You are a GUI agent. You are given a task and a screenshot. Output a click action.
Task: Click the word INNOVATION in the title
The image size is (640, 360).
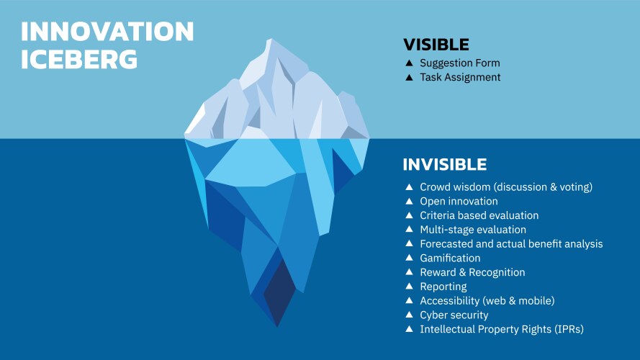coord(107,32)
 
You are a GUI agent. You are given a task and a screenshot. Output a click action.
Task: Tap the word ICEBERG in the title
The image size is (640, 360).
coord(79,59)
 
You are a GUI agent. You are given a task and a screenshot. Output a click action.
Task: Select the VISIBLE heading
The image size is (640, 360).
coord(436,45)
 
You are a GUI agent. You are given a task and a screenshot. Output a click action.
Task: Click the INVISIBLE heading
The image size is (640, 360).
coord(444,164)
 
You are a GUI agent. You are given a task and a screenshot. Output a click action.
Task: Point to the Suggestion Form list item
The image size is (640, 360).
coord(459,63)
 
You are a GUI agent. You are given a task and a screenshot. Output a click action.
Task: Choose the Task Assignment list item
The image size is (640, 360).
coord(460,77)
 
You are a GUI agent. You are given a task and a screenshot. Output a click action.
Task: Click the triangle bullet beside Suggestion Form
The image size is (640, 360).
coord(410,63)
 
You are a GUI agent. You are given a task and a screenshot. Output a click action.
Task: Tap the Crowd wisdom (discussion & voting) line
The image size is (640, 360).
coord(505,187)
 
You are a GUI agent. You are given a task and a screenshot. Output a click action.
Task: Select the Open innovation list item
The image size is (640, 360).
coord(459,201)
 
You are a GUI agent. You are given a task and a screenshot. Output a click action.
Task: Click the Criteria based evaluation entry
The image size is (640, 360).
coord(479,215)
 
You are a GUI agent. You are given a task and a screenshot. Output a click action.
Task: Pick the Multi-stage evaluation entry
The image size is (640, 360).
coord(473,230)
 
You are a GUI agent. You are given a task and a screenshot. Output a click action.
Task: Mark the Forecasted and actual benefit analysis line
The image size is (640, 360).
coord(511,244)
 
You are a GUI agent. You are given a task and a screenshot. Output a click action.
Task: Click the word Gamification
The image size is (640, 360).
coord(450,258)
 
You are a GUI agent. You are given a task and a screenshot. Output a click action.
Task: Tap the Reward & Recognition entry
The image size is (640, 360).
coord(472,272)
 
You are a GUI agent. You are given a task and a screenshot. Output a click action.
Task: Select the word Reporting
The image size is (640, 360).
coord(443,287)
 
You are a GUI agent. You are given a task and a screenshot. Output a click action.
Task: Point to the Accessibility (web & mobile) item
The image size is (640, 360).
coord(487,301)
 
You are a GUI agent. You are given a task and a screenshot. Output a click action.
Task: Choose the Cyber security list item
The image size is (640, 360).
coord(454,315)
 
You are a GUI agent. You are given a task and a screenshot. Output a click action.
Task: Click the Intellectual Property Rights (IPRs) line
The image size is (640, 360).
coord(501,329)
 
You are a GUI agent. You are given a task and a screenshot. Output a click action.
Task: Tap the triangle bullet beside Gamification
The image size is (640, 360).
coord(410,258)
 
